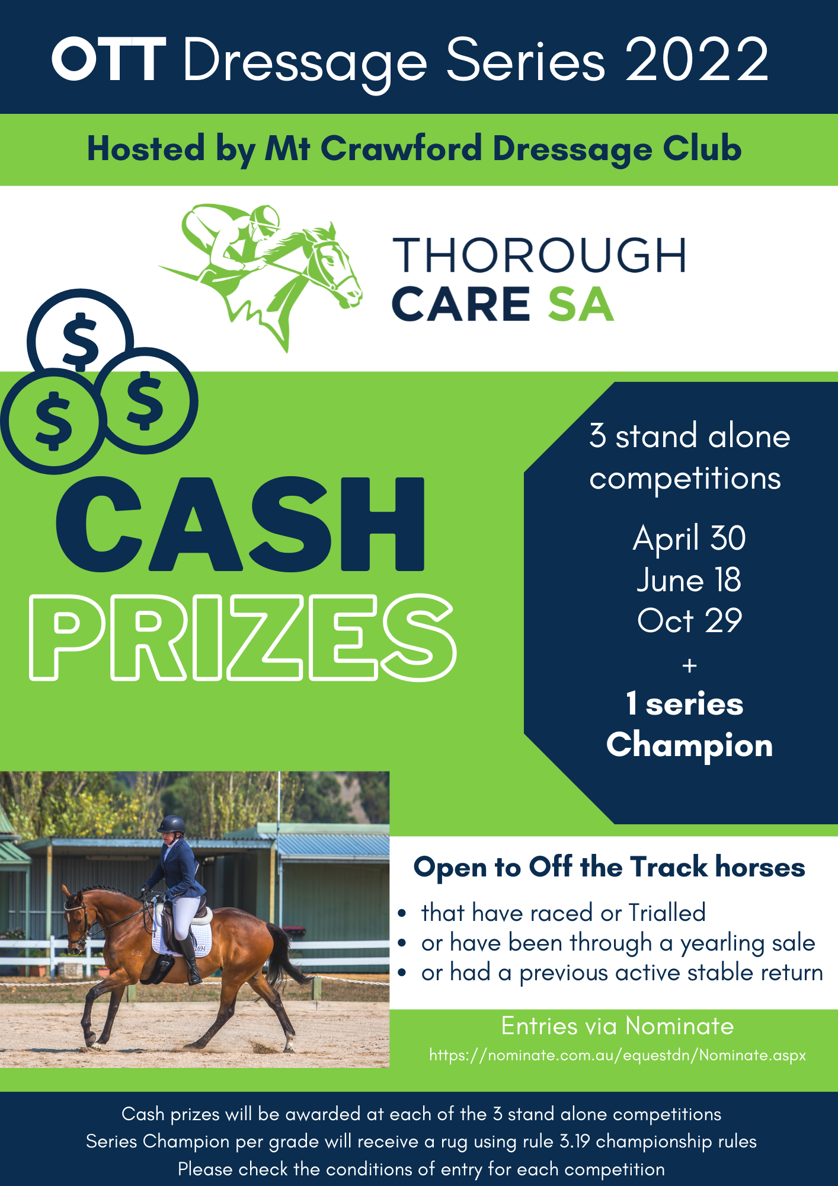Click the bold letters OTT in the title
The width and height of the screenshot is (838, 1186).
click(x=108, y=59)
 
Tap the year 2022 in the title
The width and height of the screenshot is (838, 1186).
click(x=696, y=59)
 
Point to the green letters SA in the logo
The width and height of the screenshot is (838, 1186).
click(x=581, y=304)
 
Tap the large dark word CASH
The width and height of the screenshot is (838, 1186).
click(x=240, y=524)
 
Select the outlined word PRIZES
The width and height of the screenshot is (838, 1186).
click(x=243, y=637)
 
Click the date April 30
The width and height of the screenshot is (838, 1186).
click(x=689, y=539)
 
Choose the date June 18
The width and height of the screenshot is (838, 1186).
click(x=689, y=580)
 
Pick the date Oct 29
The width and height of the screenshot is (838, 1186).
click(x=689, y=621)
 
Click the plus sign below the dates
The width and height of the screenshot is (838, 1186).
click(x=689, y=666)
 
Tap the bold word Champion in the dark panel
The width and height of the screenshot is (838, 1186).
click(x=689, y=745)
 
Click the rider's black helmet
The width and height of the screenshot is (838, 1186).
click(x=171, y=824)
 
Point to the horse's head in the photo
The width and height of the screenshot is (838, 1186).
click(x=76, y=916)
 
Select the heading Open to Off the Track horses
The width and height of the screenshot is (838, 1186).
click(x=609, y=867)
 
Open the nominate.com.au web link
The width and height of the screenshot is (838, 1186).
click(x=618, y=1056)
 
